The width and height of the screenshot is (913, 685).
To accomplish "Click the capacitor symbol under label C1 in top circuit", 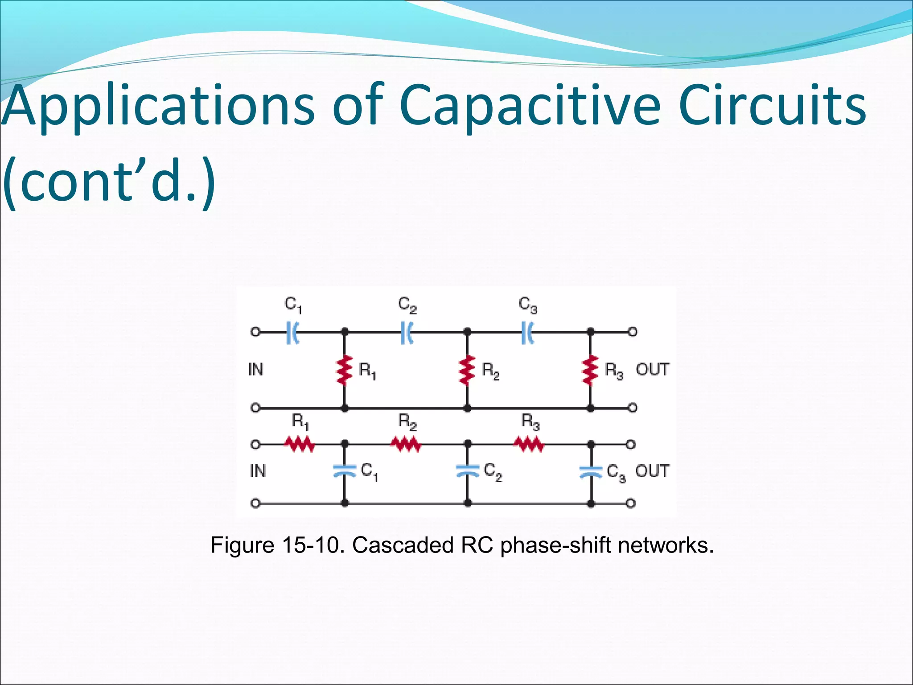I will (292, 332).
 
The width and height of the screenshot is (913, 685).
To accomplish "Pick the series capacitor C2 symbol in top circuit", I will (407, 332).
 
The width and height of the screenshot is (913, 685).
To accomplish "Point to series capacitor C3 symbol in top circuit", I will (527, 332).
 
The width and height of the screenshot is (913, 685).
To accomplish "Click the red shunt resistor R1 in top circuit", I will (344, 370).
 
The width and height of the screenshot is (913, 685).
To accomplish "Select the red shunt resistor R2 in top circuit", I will (467, 370).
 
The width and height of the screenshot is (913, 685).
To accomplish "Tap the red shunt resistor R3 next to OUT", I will (590, 370).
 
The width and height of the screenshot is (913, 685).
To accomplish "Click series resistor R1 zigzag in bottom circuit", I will (300, 444).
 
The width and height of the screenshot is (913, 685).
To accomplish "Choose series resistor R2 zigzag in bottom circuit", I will (406, 444).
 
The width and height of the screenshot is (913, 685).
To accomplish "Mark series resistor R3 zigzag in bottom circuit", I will (529, 444).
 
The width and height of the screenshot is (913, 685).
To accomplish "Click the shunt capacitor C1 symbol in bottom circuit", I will (344, 471).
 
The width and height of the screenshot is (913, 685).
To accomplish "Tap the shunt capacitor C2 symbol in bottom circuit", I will (467, 471).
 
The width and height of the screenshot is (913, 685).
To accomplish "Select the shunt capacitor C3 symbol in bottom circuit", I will (591, 471).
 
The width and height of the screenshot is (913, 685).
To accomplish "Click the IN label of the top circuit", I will (256, 370).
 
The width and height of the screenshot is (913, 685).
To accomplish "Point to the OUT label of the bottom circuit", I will (652, 471).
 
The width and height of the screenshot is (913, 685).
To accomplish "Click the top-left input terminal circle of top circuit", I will (255, 332).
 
